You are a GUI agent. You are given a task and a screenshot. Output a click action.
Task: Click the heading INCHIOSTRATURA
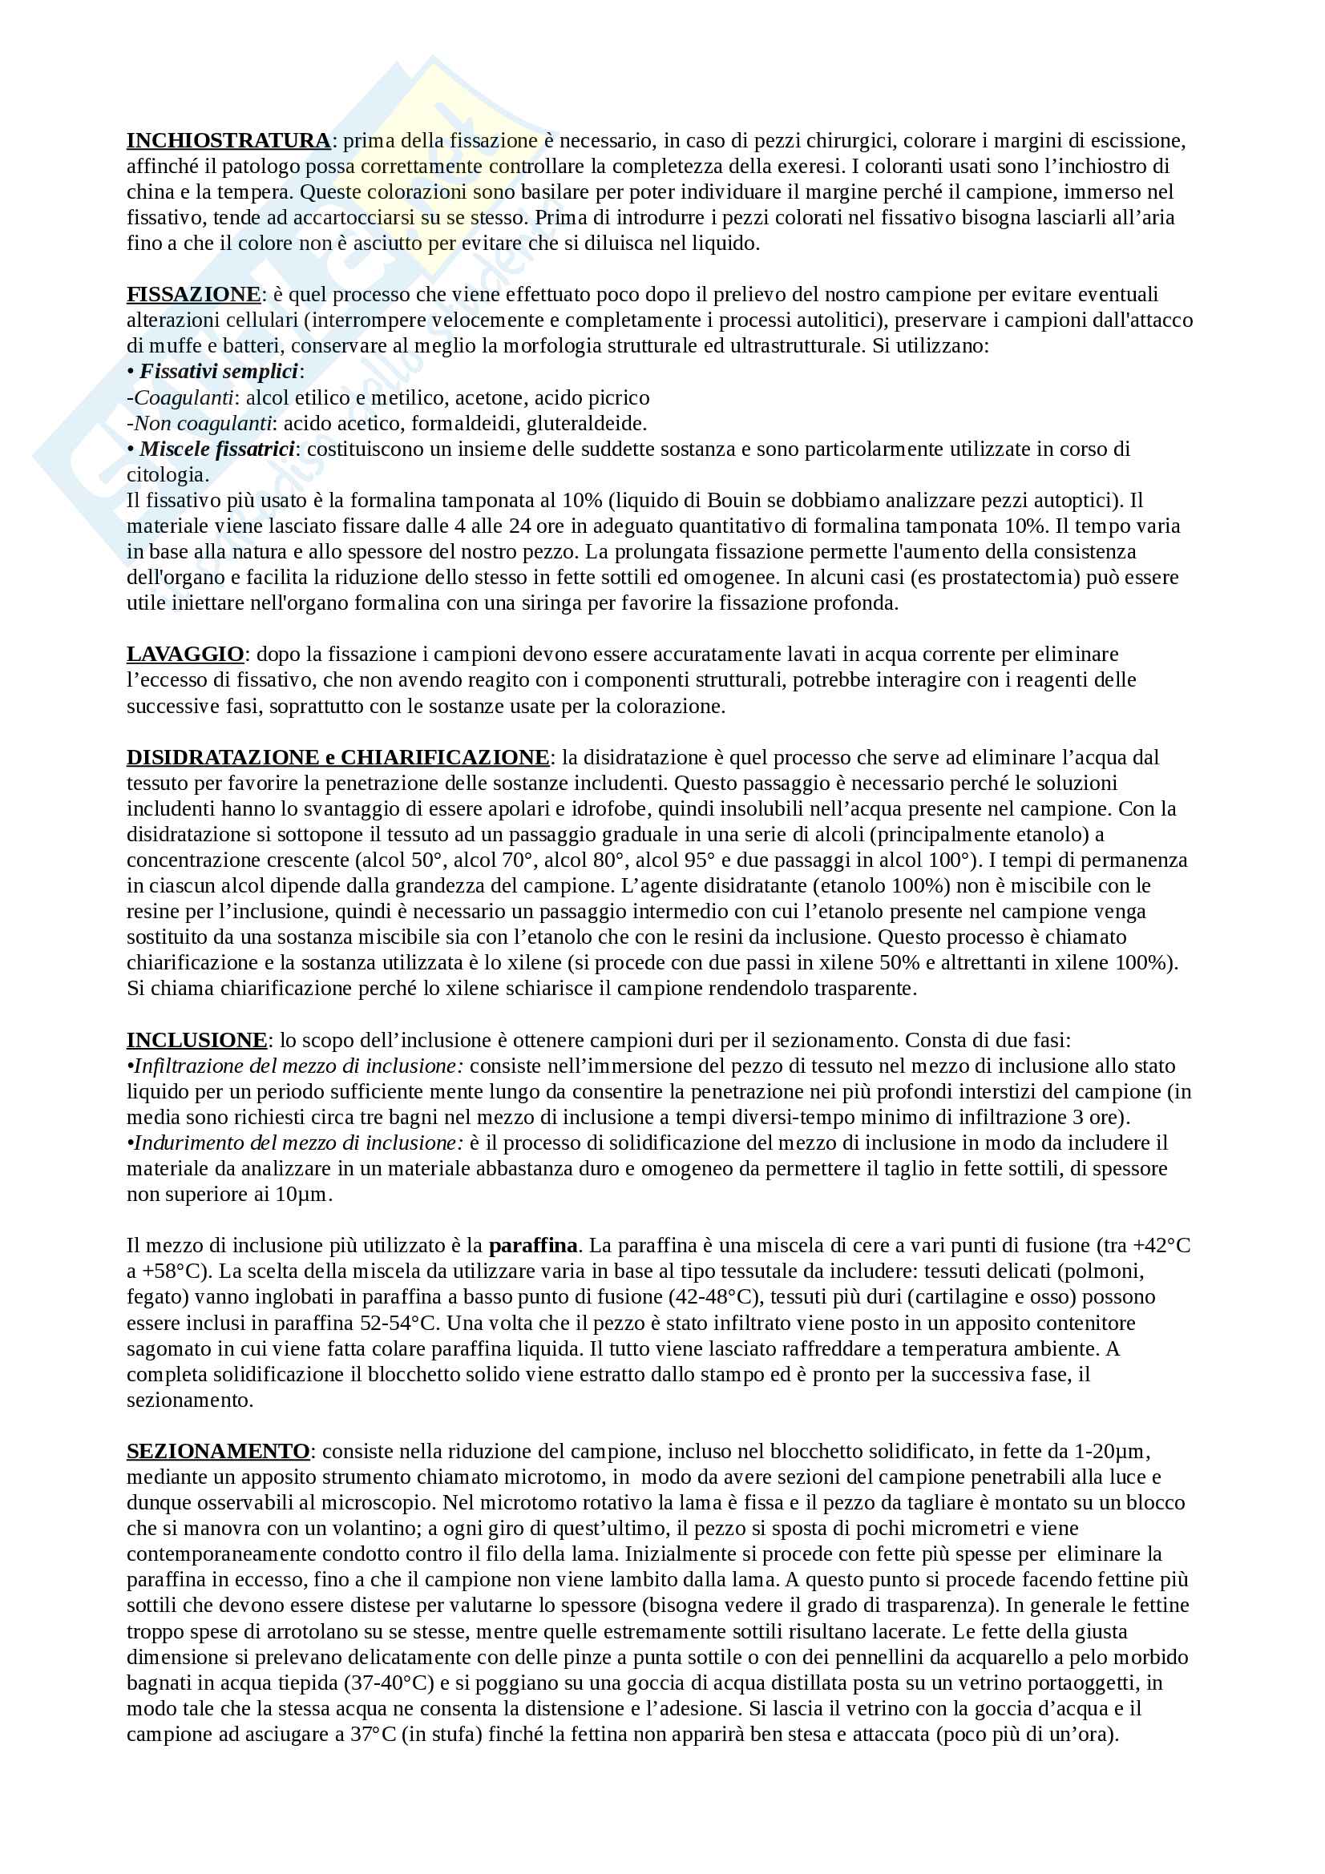coord(228,140)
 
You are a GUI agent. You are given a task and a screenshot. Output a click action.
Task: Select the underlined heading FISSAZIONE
coord(193,294)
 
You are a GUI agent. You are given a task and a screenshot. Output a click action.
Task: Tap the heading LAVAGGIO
coord(185,654)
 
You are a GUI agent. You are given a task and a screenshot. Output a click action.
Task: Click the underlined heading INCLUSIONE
coord(196,1040)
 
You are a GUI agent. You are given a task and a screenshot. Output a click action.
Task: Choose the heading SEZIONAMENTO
coord(218,1450)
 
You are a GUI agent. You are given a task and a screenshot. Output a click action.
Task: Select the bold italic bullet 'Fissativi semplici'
coord(219,372)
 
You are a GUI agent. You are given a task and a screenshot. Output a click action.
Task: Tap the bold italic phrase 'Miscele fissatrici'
coord(217,449)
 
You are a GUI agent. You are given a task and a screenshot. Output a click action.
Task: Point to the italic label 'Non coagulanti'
coord(204,423)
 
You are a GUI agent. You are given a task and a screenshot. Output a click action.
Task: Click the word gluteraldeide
coord(586,423)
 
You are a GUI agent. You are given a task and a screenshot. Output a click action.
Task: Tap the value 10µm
coord(302,1194)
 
